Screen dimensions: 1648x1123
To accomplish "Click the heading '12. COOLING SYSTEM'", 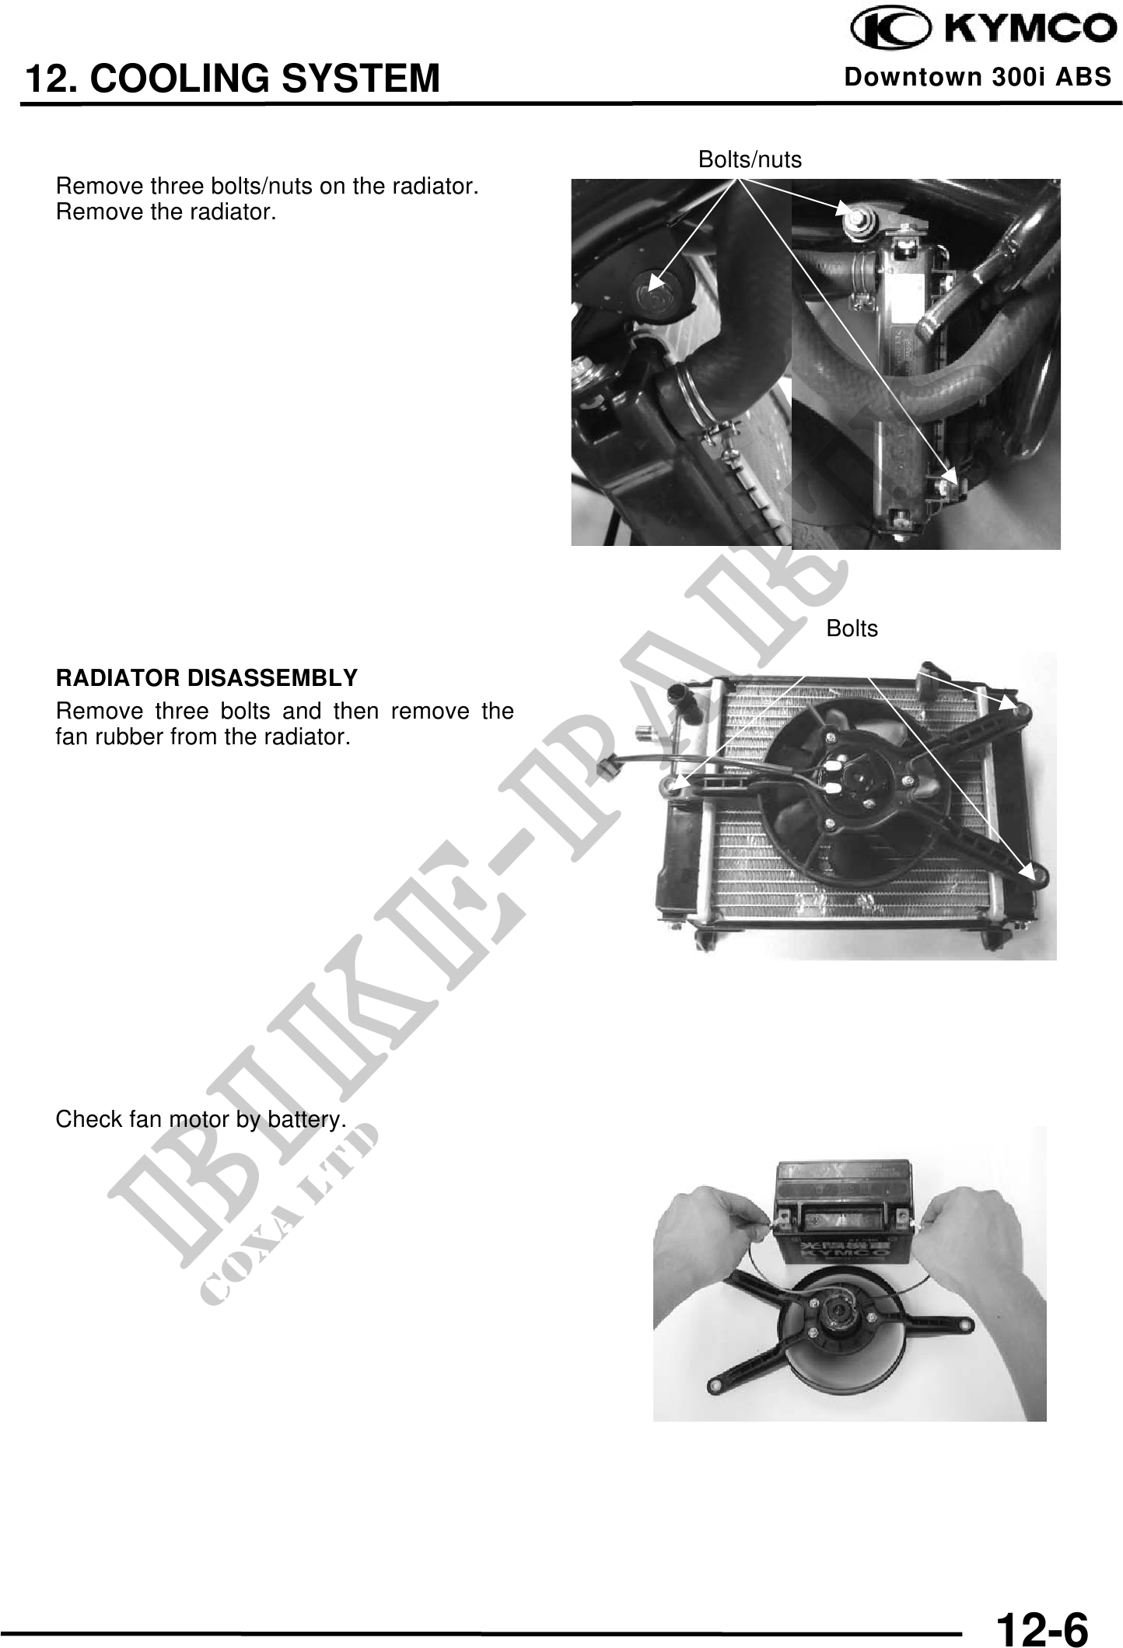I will pyautogui.click(x=233, y=79).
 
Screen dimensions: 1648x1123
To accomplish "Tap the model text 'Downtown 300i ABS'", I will pyautogui.click(x=978, y=78).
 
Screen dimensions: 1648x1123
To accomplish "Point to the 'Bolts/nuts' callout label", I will pyautogui.click(x=750, y=160).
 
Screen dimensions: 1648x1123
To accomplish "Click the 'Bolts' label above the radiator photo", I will pyautogui.click(x=852, y=629).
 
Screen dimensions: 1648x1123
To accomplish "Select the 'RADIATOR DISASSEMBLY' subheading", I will pyautogui.click(x=206, y=678).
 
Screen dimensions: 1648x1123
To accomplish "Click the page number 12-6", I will pyautogui.click(x=1041, y=1607).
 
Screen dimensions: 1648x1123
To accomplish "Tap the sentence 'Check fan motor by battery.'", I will pyautogui.click(x=201, y=1120).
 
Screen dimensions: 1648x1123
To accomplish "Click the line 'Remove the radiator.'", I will pyautogui.click(x=166, y=212).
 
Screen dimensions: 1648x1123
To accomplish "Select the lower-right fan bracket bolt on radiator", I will pyautogui.click(x=1037, y=875).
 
